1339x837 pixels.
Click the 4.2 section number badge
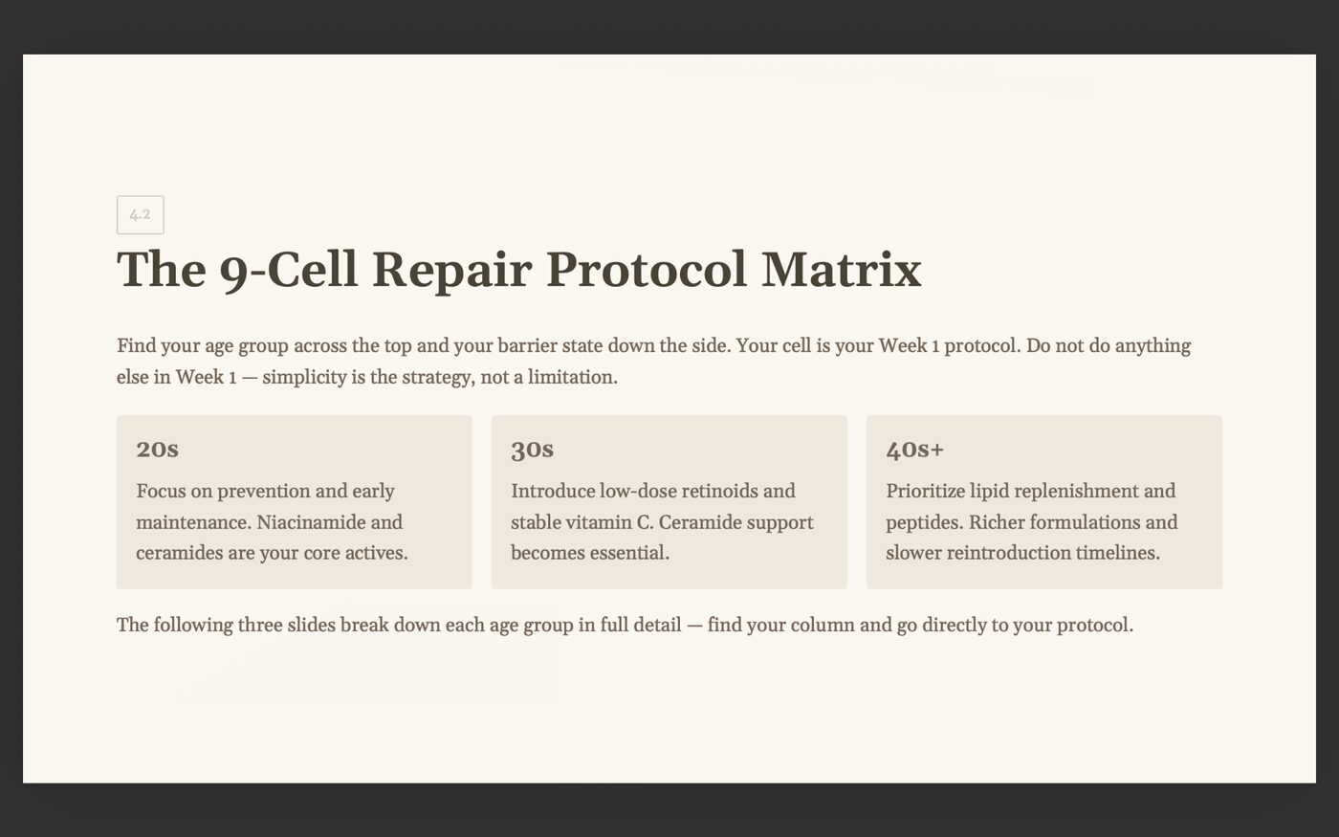(140, 214)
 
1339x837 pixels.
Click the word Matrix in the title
(841, 269)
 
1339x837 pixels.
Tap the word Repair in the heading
(451, 269)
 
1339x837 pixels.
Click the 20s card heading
(157, 449)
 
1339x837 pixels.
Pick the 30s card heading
(532, 449)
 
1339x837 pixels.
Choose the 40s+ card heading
(914, 449)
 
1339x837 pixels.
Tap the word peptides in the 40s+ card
(923, 522)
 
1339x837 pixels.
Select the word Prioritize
(925, 491)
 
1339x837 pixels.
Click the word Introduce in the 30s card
(553, 491)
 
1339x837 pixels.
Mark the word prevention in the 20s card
(263, 491)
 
